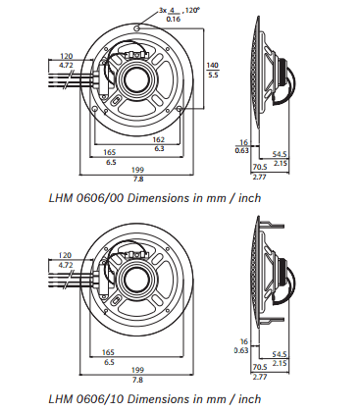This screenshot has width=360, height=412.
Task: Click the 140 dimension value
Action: [x=212, y=65]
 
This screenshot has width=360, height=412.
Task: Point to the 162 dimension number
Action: [x=159, y=139]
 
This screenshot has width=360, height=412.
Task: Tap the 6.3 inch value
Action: [x=159, y=149]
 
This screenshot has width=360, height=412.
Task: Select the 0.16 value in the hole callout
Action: [x=174, y=19]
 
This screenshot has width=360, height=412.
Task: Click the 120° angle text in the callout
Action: [x=192, y=10]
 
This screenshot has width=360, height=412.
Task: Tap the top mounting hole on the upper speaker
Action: [x=137, y=28]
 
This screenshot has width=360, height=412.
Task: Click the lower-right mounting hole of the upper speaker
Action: [x=180, y=108]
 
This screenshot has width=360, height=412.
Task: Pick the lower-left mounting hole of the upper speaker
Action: [x=94, y=109]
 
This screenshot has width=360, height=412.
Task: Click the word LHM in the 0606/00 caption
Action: [x=61, y=198]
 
